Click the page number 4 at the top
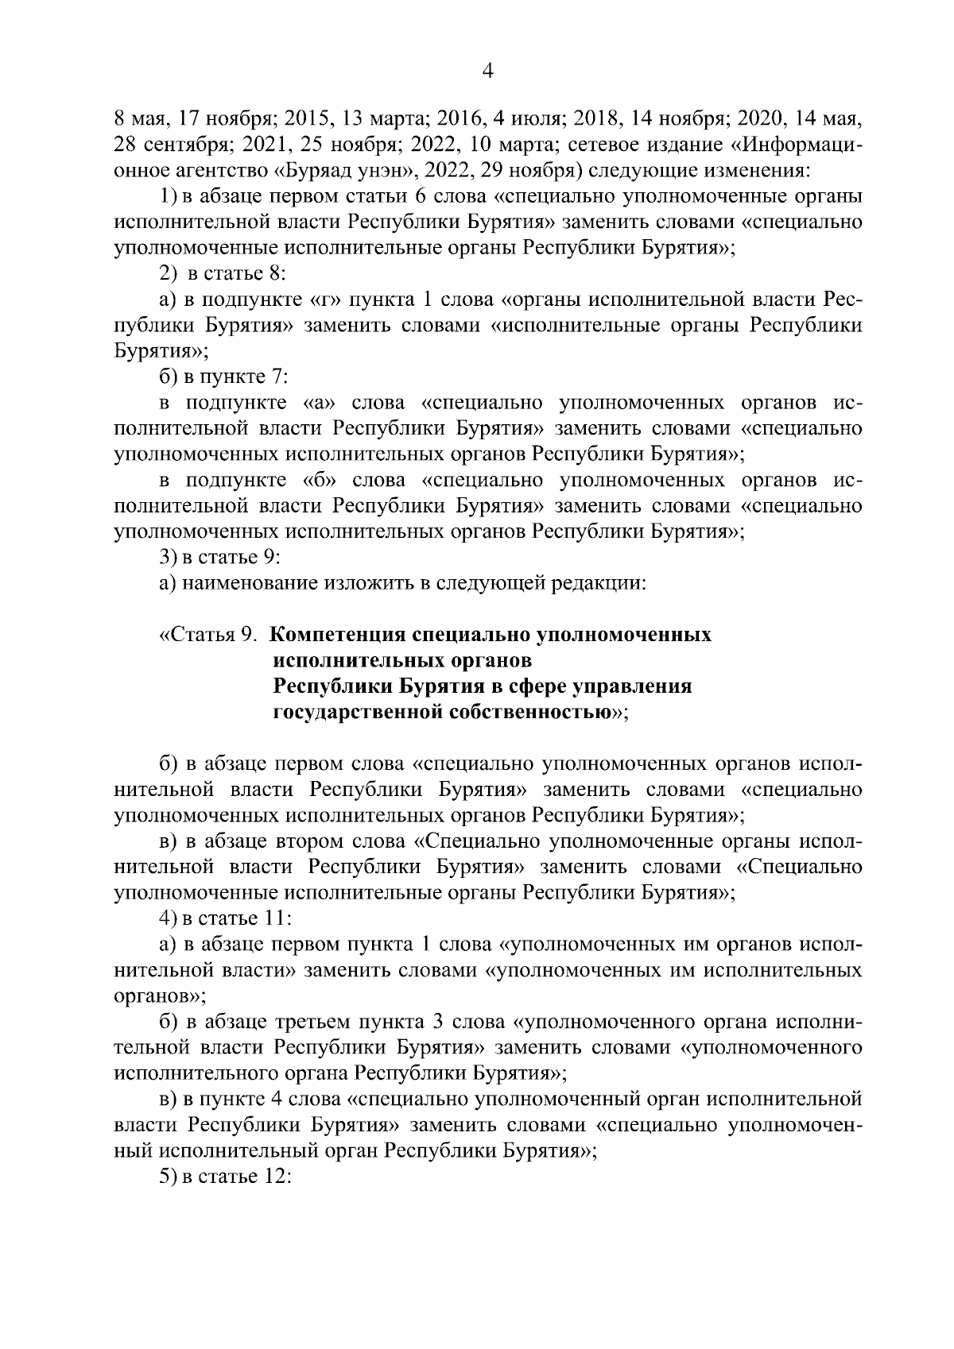point(488,72)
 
